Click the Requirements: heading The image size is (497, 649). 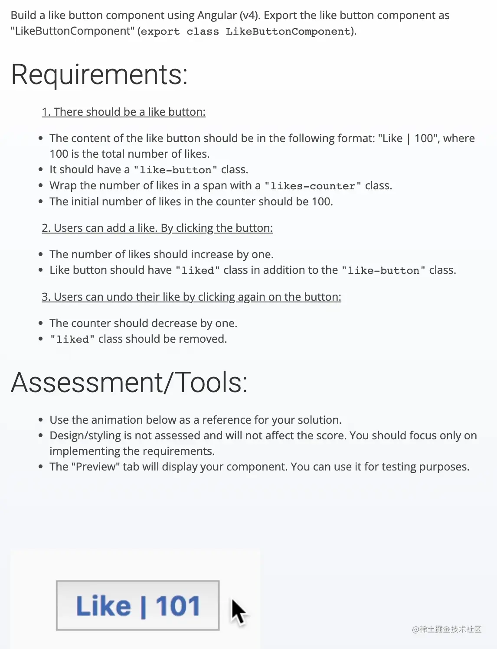[x=99, y=75]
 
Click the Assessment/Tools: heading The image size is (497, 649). [x=129, y=383]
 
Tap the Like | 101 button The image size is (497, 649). [x=137, y=605]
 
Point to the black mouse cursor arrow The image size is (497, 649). [x=237, y=611]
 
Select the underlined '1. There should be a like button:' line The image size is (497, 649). [x=124, y=112]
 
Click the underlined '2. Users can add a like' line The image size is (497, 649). [x=157, y=228]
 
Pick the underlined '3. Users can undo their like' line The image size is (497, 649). [x=191, y=297]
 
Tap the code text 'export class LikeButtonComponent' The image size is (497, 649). [x=246, y=32]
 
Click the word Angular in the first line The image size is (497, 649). [x=217, y=16]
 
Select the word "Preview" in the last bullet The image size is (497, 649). [x=95, y=467]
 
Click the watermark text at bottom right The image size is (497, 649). [x=447, y=629]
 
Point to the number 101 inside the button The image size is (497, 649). [x=178, y=606]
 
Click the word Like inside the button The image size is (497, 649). [x=103, y=606]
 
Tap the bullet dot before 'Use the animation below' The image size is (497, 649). [x=41, y=420]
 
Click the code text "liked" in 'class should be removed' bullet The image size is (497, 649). [x=72, y=340]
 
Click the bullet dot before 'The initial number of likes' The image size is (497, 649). [x=41, y=201]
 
